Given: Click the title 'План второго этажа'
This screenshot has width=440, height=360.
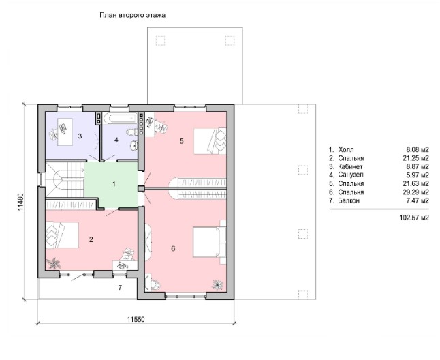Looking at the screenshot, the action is coord(132,15).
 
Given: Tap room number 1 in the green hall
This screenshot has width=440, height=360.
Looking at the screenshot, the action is coord(114,184).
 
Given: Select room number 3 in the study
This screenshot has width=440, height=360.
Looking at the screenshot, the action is coord(80,136).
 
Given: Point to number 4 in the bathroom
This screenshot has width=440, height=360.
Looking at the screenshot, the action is coord(116,140).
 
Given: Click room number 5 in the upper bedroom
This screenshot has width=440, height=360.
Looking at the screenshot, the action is coord(182,141).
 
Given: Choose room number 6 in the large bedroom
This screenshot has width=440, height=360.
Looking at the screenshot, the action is coord(173,248).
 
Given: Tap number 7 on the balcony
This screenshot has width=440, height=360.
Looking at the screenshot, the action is coord(120,288).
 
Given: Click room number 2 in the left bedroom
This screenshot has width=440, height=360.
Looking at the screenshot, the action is coord(91,239).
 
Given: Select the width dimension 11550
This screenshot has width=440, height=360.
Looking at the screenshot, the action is coord(136,319).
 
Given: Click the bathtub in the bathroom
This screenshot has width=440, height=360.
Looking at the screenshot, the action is coord(121,118).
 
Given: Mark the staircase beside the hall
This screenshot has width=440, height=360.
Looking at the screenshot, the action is coord(65,180).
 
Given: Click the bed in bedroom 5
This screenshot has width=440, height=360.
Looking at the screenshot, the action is coord(210,141).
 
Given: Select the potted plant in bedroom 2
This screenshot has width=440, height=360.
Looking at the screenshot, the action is coord(53,263).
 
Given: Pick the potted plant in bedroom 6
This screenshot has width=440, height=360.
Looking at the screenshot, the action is coord(218,284).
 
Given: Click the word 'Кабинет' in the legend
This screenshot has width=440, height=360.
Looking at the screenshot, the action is coord(350,166).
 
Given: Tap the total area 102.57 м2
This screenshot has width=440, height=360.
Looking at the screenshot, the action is coord(414,217).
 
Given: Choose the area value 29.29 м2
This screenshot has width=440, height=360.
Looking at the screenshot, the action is coord(416,192).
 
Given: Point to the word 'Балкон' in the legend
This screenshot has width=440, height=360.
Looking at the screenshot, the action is coord(349,200).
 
